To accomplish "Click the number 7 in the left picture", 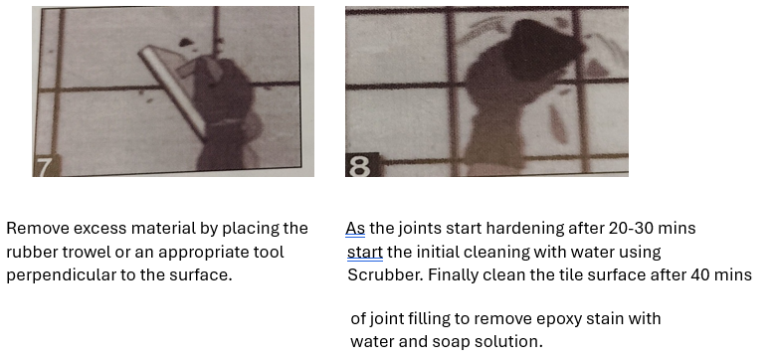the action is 44,167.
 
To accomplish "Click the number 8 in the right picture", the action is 359,167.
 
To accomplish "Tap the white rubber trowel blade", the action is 173,91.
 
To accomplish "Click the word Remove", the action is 38,229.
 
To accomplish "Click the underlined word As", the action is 355,229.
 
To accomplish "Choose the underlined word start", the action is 365,252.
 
